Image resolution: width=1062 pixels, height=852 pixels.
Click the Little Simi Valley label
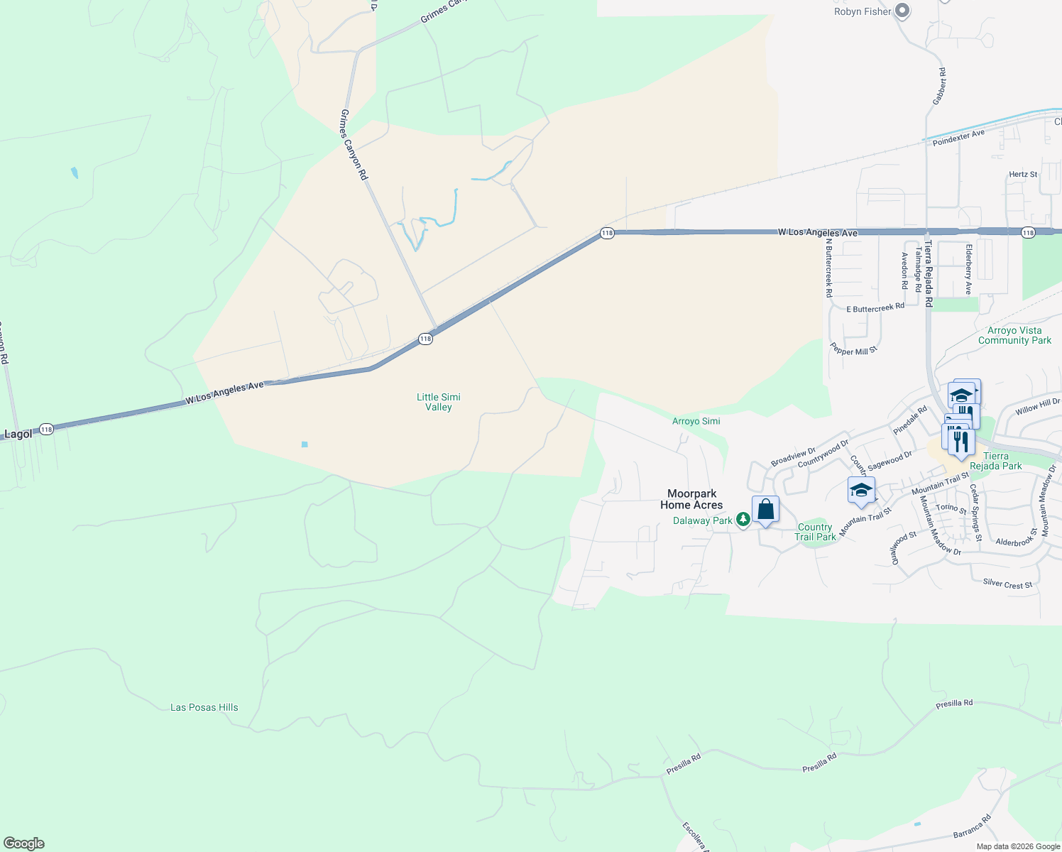tap(438, 402)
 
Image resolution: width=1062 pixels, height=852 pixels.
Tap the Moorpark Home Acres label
tap(691, 499)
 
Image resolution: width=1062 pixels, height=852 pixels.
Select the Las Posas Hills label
tap(204, 707)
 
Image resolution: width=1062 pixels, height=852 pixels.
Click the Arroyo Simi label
tap(696, 421)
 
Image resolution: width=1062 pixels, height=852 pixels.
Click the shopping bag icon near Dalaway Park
tap(765, 509)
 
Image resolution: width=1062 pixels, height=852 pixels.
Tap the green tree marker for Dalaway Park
tap(743, 520)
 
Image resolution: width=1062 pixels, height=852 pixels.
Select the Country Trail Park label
tap(815, 532)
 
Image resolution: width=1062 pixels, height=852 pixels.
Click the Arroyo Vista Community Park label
tap(1014, 335)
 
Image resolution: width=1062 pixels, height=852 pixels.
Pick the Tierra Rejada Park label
tap(995, 461)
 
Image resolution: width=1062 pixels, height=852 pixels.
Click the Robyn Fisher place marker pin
tap(902, 11)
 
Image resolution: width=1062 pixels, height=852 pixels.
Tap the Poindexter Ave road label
tap(958, 138)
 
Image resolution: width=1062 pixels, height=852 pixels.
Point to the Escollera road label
tap(694, 836)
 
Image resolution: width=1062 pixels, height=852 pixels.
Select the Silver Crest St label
tap(1007, 584)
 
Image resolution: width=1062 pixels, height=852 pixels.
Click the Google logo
tap(23, 843)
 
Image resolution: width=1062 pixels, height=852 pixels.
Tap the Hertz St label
tap(1023, 174)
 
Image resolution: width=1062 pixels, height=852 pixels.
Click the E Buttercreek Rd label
tap(875, 308)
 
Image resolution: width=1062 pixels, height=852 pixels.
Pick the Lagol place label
tap(18, 434)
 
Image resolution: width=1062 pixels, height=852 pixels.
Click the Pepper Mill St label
tap(854, 350)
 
